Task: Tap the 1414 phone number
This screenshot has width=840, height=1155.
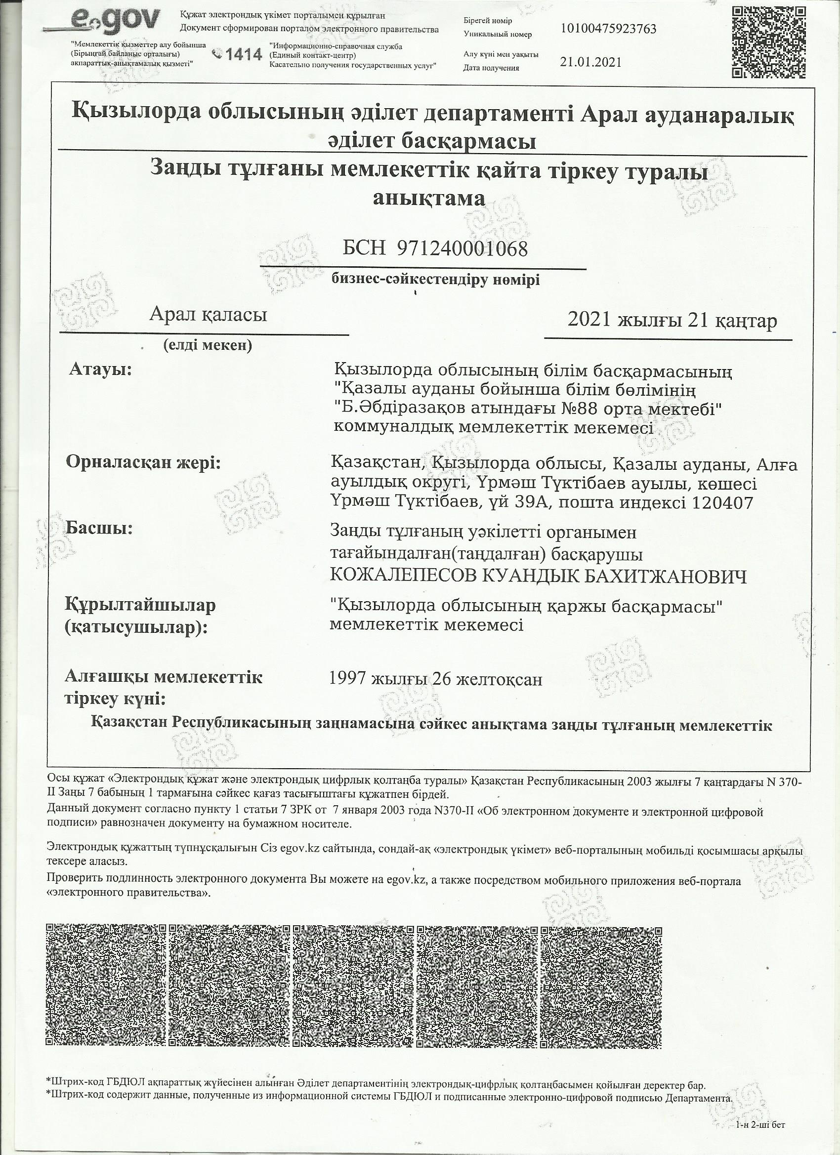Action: click(x=243, y=54)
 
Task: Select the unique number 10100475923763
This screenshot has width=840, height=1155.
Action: click(x=608, y=28)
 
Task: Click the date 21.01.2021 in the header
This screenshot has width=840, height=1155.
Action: click(x=590, y=62)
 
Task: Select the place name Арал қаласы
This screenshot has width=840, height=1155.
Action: click(x=208, y=315)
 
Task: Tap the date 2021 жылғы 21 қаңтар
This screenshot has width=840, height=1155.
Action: click(x=672, y=320)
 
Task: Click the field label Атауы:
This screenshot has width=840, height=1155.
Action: click(x=100, y=369)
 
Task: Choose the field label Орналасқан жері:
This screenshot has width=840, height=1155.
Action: click(x=143, y=463)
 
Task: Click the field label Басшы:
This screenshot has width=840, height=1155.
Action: click(x=99, y=528)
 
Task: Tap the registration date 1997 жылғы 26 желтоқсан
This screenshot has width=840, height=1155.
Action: click(x=436, y=679)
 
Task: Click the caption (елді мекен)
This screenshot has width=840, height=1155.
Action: click(x=208, y=346)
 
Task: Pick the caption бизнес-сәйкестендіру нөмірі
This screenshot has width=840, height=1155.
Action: click(x=435, y=280)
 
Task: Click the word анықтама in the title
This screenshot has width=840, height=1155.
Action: click(x=429, y=198)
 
